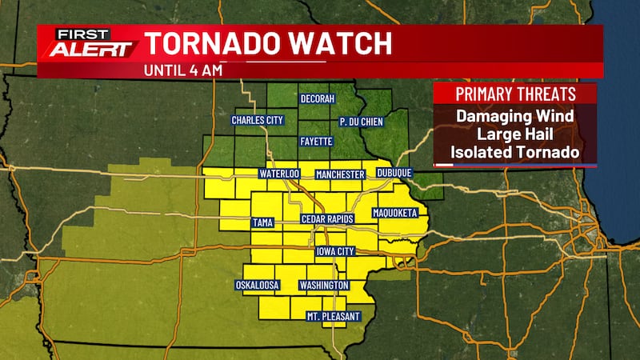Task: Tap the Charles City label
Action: tap(258, 120)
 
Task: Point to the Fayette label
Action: tap(316, 142)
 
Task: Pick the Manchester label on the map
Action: tap(340, 174)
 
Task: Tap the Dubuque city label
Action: tap(394, 173)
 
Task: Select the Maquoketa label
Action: tap(395, 214)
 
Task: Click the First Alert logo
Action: tap(89, 43)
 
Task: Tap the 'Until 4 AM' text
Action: tap(182, 69)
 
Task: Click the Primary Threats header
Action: tap(514, 94)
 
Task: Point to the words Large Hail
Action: tap(514, 134)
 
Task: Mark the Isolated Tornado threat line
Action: tap(514, 151)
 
